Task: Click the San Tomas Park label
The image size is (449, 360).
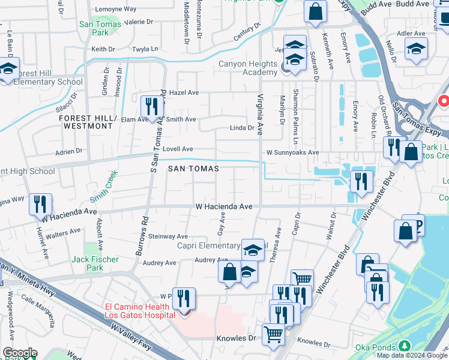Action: (x=100, y=28)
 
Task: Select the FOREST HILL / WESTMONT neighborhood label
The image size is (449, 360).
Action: (x=87, y=122)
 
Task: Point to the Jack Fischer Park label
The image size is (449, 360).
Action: (x=95, y=263)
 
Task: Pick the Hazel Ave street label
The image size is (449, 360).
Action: (x=184, y=93)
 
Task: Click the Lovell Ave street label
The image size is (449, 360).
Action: (x=178, y=149)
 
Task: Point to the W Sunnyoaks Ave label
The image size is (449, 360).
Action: (x=292, y=153)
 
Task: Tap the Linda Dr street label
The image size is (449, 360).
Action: (x=242, y=128)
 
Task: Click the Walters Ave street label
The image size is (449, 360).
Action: (x=64, y=232)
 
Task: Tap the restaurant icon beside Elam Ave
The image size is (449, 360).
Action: (x=149, y=106)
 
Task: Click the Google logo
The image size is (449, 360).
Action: (x=20, y=353)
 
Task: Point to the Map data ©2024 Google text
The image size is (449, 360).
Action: (x=411, y=355)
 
